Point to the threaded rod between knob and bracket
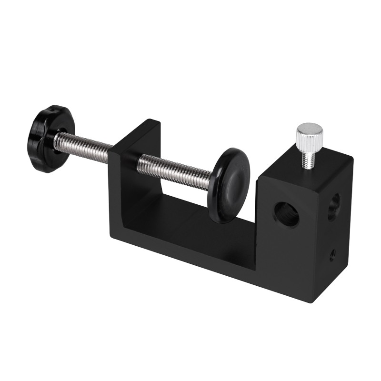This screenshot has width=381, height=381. point(83,145)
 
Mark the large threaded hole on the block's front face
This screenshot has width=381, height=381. point(286,215)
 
